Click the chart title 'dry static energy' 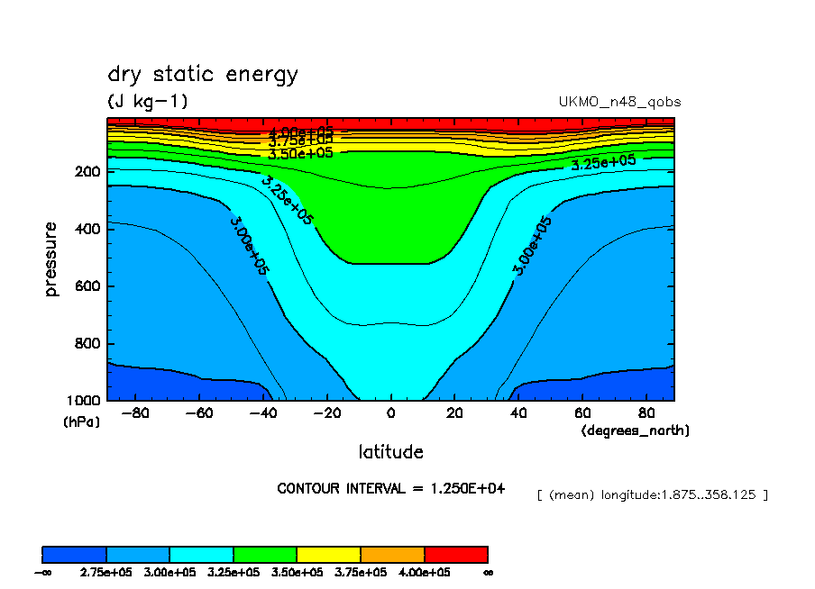click(202, 75)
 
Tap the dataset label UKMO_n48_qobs click(619, 102)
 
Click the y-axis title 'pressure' click(51, 259)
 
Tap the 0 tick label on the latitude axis click(390, 414)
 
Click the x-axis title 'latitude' click(390, 451)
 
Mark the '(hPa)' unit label click(81, 421)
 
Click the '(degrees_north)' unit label click(636, 431)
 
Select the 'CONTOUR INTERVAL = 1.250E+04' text click(391, 489)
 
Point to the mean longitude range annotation click(652, 494)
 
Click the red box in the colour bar click(456, 554)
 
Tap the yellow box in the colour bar click(329, 554)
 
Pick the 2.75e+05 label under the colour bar click(106, 572)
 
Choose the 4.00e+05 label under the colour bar click(425, 572)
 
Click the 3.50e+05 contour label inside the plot click(300, 153)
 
